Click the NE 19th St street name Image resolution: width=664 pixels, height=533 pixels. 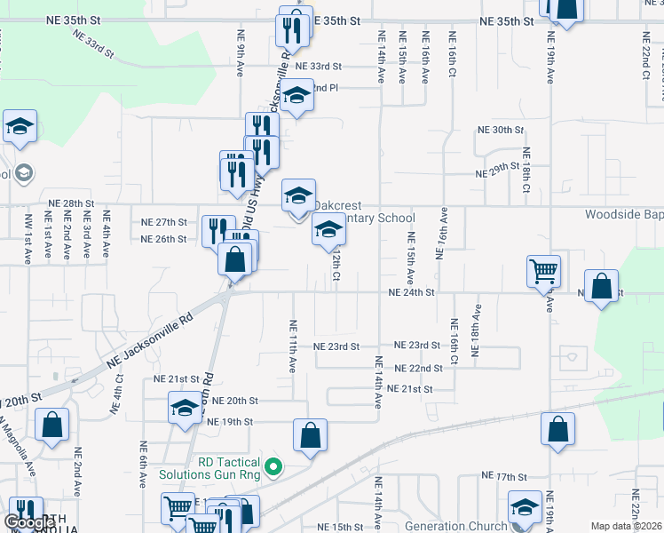click(x=230, y=421)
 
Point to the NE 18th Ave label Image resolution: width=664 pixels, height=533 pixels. click(x=477, y=332)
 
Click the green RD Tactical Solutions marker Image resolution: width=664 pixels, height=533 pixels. click(x=274, y=465)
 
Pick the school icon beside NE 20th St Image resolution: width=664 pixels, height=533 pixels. click(x=185, y=408)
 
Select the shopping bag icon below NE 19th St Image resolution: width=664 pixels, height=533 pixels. click(x=311, y=435)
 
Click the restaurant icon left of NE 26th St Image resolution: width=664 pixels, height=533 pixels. click(x=217, y=230)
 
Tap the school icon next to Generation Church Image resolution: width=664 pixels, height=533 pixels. click(x=525, y=507)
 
